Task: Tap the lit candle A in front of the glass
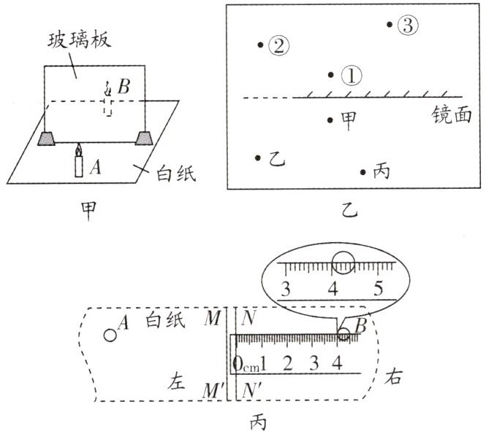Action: (78, 162)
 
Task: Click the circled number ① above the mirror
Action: (352, 75)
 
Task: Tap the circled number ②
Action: (278, 46)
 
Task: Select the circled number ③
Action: (407, 26)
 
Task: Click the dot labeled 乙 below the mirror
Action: (257, 157)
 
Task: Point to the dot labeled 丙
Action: (362, 172)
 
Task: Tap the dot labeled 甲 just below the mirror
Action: (331, 119)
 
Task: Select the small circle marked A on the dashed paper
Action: (110, 335)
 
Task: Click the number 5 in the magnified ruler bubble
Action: (378, 286)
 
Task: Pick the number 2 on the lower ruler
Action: (287, 362)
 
